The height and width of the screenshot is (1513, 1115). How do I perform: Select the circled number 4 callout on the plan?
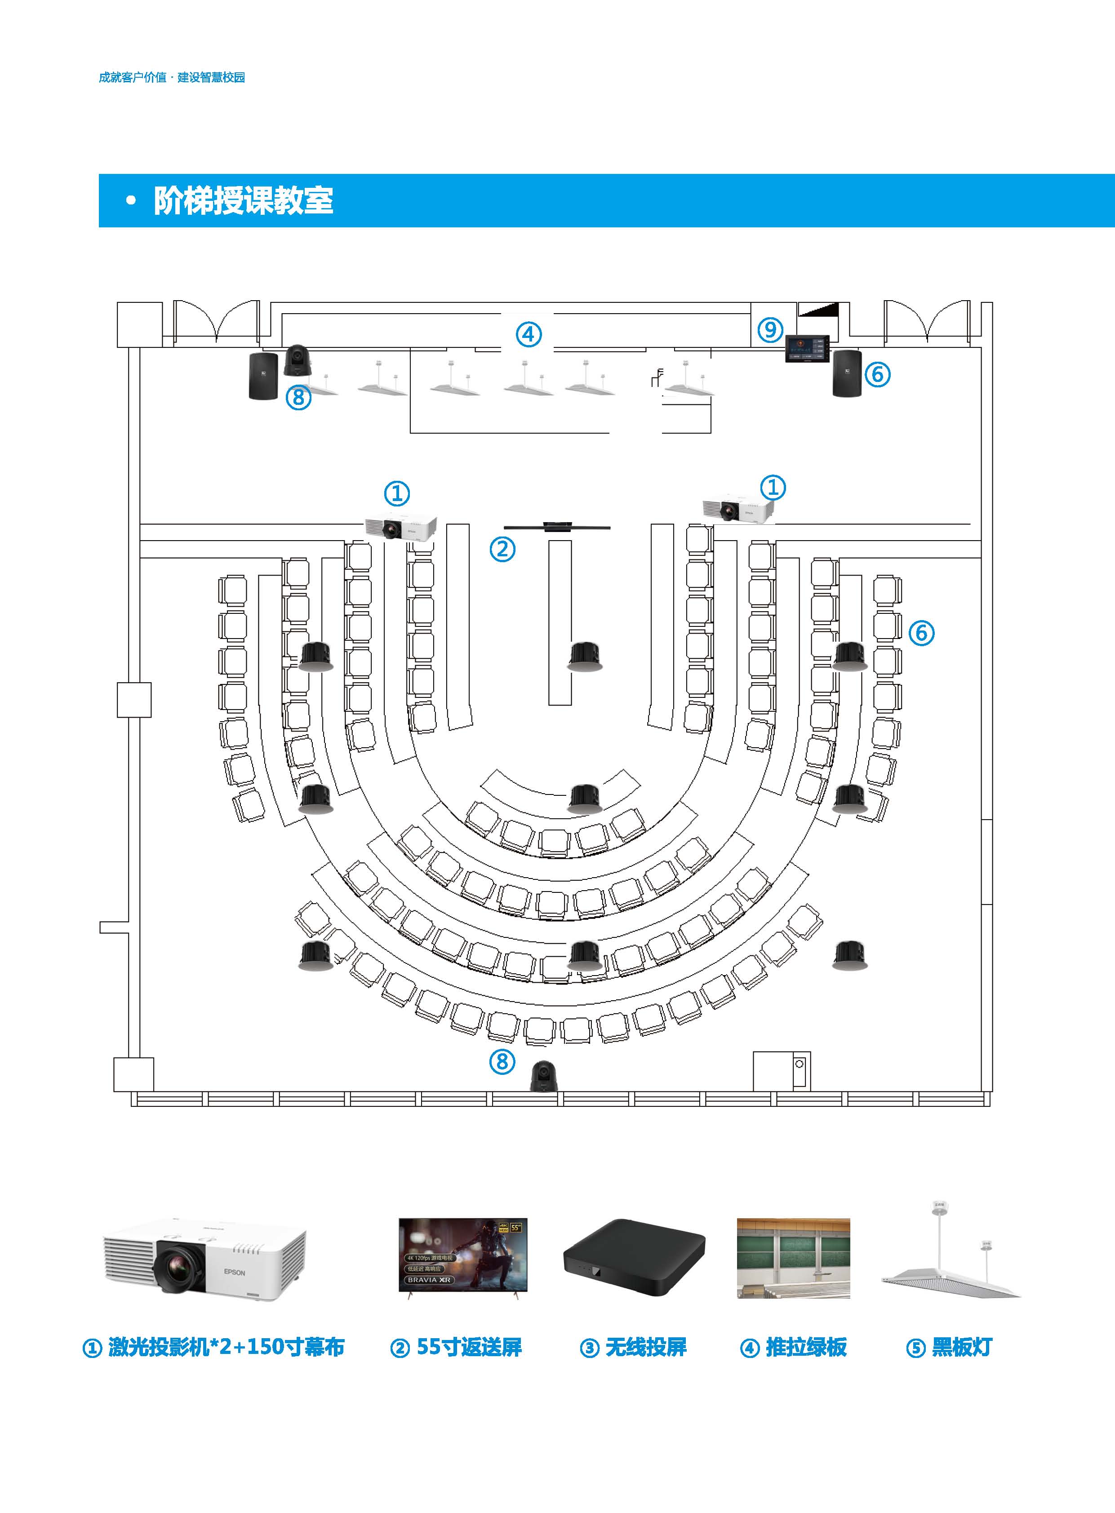point(529,334)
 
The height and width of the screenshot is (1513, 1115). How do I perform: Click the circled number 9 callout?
point(770,329)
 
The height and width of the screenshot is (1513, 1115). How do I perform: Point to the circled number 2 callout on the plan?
point(502,549)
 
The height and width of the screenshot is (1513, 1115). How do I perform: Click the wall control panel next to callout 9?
point(807,349)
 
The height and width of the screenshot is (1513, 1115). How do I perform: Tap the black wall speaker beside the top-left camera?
point(262,375)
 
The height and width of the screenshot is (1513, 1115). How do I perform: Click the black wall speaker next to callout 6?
point(847,373)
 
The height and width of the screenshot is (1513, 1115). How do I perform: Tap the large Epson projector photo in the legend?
point(204,1261)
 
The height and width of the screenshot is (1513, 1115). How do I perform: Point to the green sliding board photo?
point(793,1258)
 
